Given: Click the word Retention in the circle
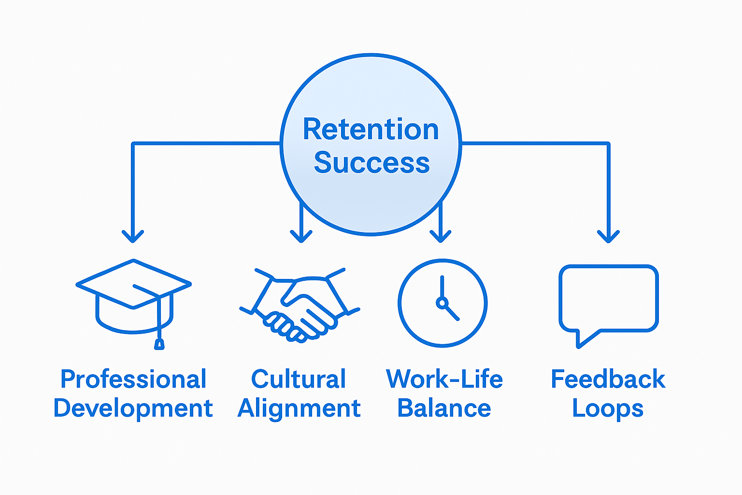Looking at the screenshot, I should click(x=371, y=130).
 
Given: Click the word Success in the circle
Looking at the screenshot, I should click(x=371, y=162).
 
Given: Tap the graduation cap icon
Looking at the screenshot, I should click(x=133, y=300).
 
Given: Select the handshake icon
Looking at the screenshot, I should click(x=300, y=305).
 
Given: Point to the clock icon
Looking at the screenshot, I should click(x=442, y=303).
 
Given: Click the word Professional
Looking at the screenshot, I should click(x=133, y=379).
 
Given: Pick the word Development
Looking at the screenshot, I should click(x=133, y=408).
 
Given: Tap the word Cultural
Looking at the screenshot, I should click(x=299, y=379).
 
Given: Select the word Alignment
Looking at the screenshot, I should click(x=299, y=408).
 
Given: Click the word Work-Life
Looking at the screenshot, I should click(x=444, y=379).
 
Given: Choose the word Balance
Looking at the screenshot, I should click(x=444, y=408).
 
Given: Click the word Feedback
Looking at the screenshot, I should click(x=608, y=379).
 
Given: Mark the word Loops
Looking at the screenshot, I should click(x=608, y=409).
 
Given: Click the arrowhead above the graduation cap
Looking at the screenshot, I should click(x=133, y=236).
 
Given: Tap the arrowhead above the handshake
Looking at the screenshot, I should click(x=301, y=236).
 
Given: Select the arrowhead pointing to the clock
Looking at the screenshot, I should click(x=440, y=236).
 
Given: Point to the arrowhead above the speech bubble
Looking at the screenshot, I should click(x=608, y=236).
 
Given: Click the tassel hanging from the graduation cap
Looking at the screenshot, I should click(x=159, y=344).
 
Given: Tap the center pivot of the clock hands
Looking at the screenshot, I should click(x=441, y=303).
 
